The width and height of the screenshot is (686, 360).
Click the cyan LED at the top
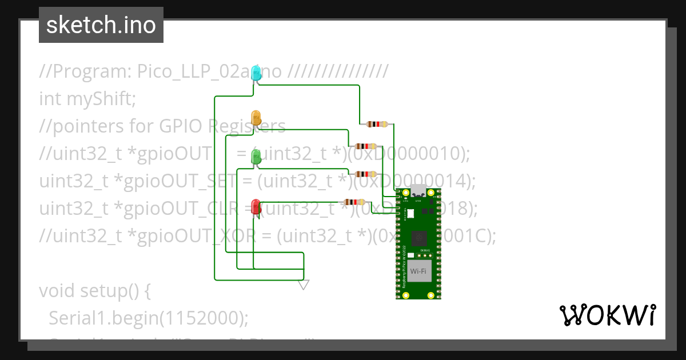coord(257,73)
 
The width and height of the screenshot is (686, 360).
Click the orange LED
coord(257,118)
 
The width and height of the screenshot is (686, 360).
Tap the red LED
coord(257,206)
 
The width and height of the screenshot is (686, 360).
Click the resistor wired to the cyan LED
coord(377,124)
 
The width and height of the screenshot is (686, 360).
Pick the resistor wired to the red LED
coord(354,202)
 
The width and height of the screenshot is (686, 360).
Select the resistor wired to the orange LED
coord(365,146)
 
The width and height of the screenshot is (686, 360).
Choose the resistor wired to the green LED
coord(365,174)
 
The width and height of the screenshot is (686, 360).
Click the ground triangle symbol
coord(304,285)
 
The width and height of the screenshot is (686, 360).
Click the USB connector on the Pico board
coord(418,191)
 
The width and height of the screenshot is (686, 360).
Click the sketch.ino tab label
coord(101,25)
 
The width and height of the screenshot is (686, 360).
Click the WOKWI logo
coord(607,315)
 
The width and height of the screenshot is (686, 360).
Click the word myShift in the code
coord(100,99)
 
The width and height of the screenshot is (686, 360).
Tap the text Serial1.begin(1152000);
coord(149,318)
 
